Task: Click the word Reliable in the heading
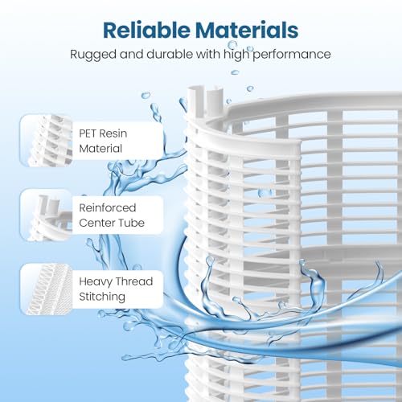pyautogui.click(x=147, y=30)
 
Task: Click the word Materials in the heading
pyautogui.click(x=247, y=30)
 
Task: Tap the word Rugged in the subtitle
pyautogui.click(x=93, y=55)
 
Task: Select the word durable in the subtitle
pyautogui.click(x=170, y=54)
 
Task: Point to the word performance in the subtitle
pyautogui.click(x=292, y=55)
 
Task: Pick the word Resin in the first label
pyautogui.click(x=113, y=133)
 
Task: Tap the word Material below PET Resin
pyautogui.click(x=100, y=149)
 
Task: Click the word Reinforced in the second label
pyautogui.click(x=108, y=207)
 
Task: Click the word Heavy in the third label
pyautogui.click(x=96, y=281)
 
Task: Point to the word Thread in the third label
pyautogui.click(x=134, y=281)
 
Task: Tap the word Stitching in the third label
pyautogui.click(x=102, y=297)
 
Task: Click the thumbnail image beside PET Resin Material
pyautogui.click(x=46, y=140)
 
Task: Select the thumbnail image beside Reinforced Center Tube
pyautogui.click(x=46, y=215)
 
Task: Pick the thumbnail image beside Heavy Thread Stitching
pyautogui.click(x=46, y=289)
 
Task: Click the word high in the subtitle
pyautogui.click(x=236, y=55)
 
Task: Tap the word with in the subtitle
pyautogui.click(x=208, y=54)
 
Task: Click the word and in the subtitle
pyautogui.click(x=131, y=54)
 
